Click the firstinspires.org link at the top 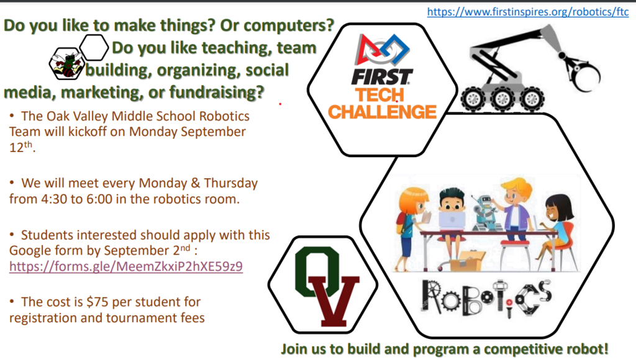pyautogui.click(x=528, y=12)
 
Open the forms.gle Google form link pyautogui.click(x=125, y=266)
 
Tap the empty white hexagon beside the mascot pyautogui.click(x=94, y=48)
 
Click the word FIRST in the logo pyautogui.click(x=382, y=77)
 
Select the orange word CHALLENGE pyautogui.click(x=382, y=112)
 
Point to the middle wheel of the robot pyautogui.click(x=502, y=98)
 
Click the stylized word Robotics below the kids pyautogui.click(x=486, y=299)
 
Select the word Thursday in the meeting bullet pyautogui.click(x=231, y=183)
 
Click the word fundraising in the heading pyautogui.click(x=217, y=92)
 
